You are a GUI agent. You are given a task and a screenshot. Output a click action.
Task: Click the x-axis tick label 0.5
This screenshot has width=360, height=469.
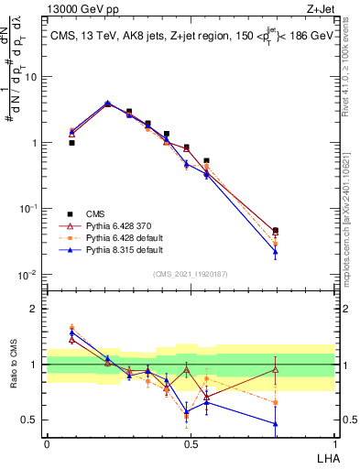[191, 443]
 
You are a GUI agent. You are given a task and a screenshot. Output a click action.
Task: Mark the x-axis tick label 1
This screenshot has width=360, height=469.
[334, 443]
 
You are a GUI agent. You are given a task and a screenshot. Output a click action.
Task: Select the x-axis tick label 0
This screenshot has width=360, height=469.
[47, 443]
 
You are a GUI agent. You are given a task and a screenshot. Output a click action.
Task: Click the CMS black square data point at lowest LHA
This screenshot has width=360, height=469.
[71, 143]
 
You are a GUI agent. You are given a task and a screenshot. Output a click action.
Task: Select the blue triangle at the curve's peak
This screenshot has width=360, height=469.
[108, 103]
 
